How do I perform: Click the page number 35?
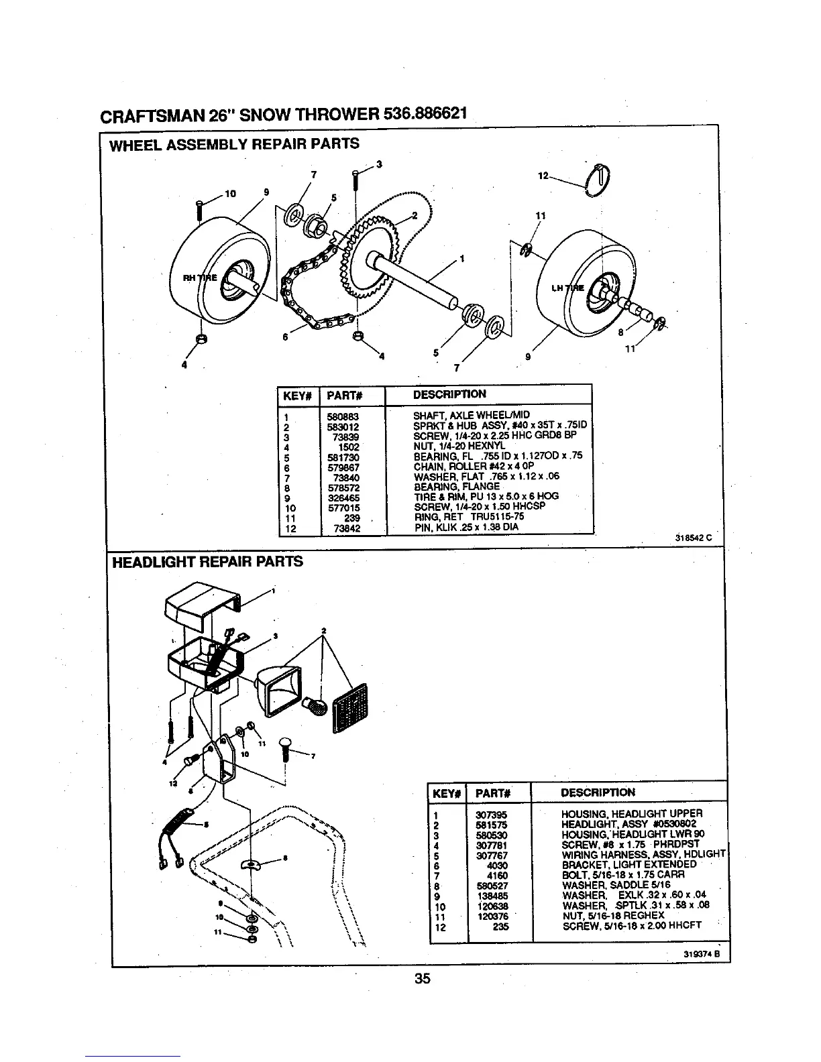422,978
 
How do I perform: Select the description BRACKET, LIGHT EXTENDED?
628,865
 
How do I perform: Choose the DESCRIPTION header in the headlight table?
598,792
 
